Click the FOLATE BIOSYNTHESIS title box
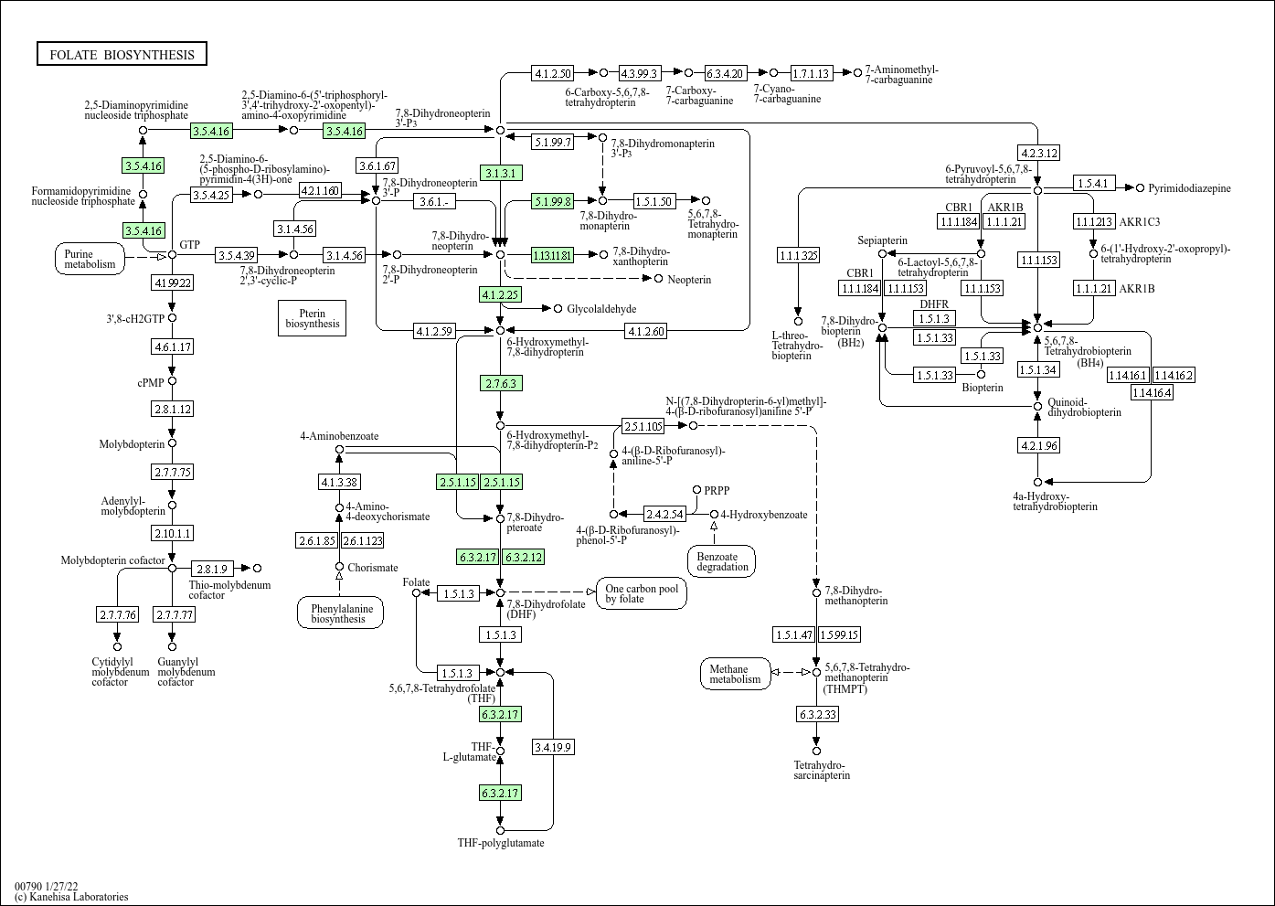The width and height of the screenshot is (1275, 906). pos(122,54)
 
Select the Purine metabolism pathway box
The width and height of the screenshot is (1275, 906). pos(90,259)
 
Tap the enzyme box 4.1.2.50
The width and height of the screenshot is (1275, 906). pos(553,73)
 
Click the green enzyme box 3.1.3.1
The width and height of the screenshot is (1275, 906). pos(501,173)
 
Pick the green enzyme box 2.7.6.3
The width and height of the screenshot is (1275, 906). pos(501,383)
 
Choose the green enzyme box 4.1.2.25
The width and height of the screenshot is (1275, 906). pos(501,294)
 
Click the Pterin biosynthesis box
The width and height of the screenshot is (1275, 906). pos(312,318)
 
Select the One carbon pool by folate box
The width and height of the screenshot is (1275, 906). pos(642,593)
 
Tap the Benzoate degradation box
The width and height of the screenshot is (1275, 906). pos(722,561)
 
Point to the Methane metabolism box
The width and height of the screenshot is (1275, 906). pos(735,674)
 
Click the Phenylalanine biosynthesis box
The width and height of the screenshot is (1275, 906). pos(340,613)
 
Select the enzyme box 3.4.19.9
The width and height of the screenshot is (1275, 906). pos(553,747)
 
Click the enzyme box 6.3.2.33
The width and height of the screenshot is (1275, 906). pos(818,713)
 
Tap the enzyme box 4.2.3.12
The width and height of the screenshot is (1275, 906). pos(1039,153)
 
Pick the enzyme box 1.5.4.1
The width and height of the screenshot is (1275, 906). pos(1095,184)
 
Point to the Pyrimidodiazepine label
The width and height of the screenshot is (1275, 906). pos(1189,188)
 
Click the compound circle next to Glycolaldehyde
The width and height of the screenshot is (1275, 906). pos(558,308)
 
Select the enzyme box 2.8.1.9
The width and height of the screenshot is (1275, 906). pos(212,569)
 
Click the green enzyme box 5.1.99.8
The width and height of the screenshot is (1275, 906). pos(553,200)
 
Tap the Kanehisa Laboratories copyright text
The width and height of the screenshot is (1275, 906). pos(71,897)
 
